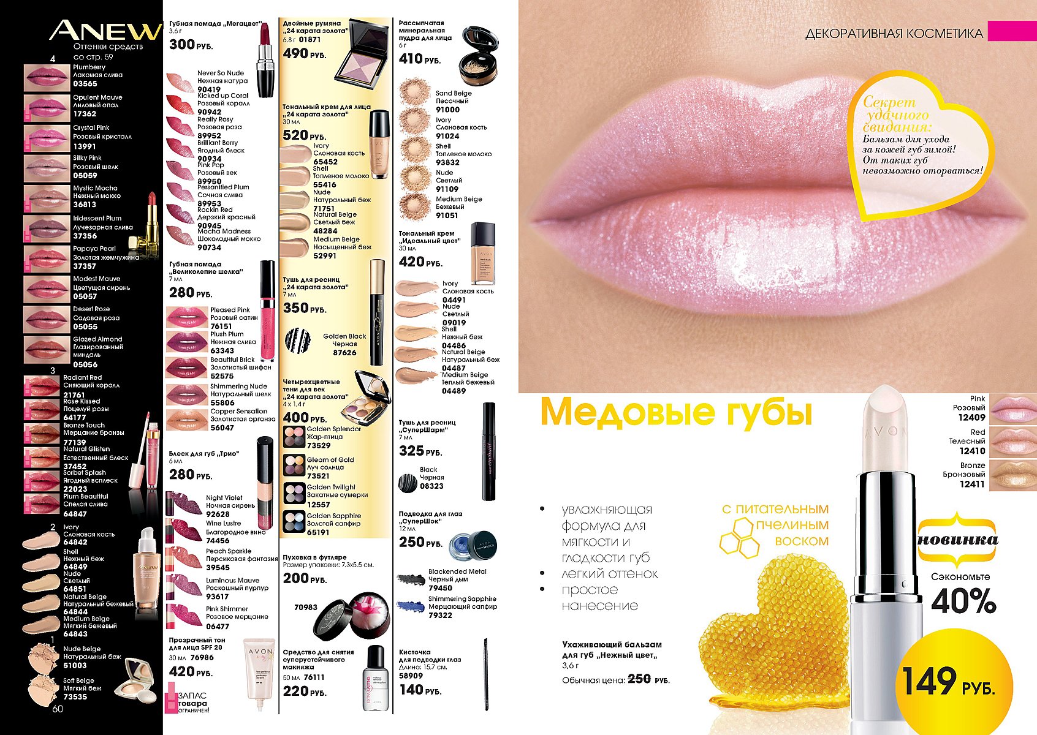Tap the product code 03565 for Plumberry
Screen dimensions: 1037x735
coord(85,84)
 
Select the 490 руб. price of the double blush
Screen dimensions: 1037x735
coord(304,54)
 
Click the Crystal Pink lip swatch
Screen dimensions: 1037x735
coord(47,137)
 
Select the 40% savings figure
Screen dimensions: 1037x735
coord(963,601)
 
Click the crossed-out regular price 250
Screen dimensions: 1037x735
coord(639,679)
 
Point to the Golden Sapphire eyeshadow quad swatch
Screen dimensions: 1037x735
coord(294,522)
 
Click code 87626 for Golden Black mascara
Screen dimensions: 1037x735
coord(344,352)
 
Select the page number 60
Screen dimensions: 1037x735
coord(58,709)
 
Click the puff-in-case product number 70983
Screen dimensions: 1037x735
coord(306,608)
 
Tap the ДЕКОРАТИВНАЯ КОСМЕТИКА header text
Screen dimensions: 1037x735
coord(894,34)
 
